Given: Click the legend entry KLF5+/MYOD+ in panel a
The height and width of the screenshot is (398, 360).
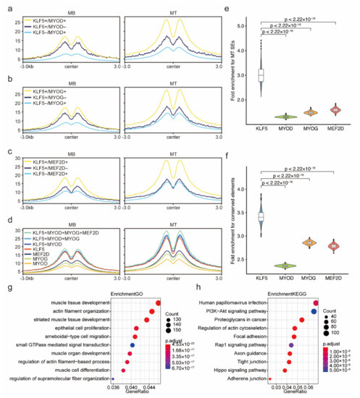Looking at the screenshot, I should [45, 12].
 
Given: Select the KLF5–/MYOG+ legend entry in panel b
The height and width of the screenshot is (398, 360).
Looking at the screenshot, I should [45, 93].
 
